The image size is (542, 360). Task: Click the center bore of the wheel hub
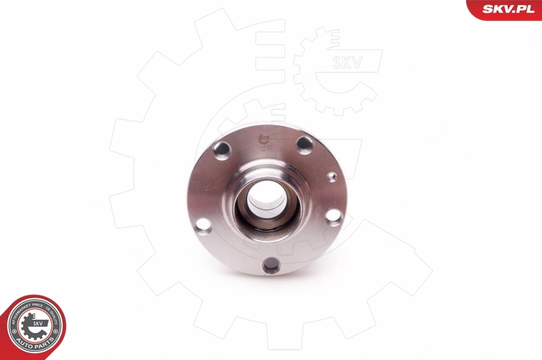point(266,197)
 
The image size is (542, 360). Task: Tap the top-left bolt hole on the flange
point(222,150)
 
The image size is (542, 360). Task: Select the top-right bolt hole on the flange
point(305,144)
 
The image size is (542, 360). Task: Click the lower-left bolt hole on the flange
point(203,225)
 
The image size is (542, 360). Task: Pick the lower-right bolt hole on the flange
point(333,216)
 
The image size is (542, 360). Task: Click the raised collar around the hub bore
point(266,175)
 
